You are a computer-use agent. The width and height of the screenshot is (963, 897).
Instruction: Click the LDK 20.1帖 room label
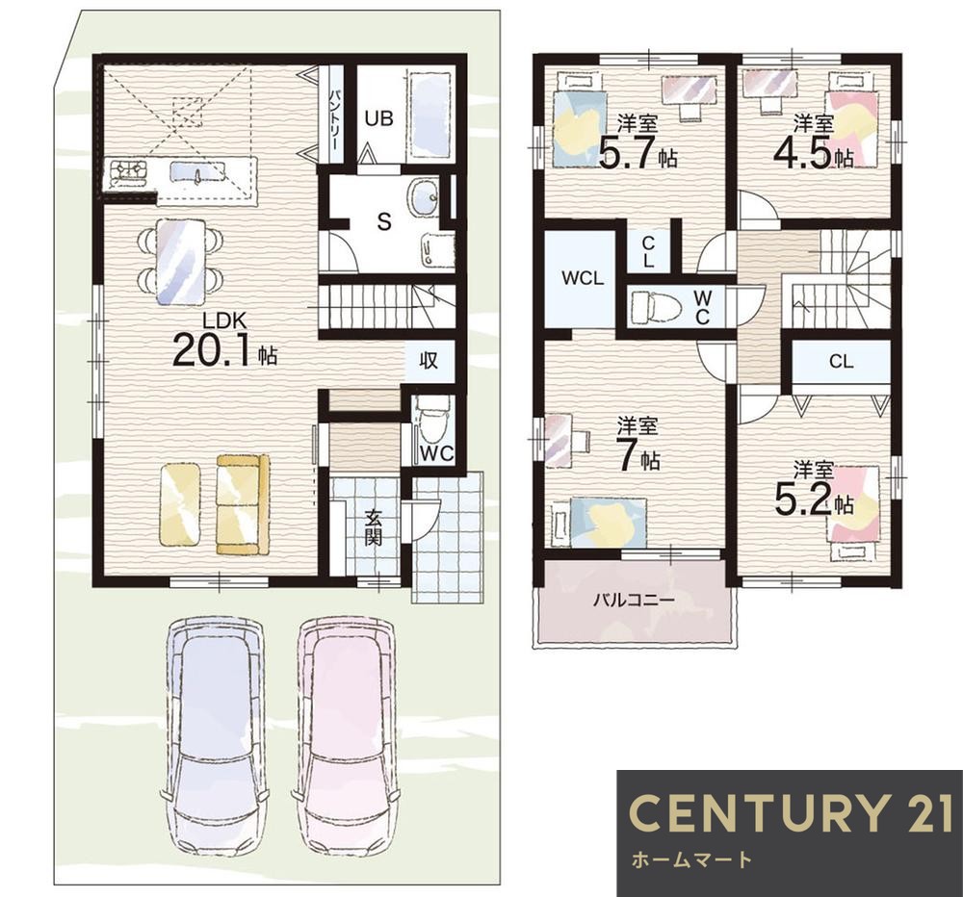click(x=225, y=341)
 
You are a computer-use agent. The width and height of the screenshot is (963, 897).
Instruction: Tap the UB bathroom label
click(x=378, y=117)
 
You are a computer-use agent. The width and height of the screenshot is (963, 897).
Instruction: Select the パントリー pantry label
click(x=335, y=119)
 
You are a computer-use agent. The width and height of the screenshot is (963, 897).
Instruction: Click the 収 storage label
click(x=429, y=360)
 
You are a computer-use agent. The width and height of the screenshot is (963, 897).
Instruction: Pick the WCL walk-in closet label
click(x=583, y=278)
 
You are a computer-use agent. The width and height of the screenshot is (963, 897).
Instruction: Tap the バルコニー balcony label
click(x=634, y=600)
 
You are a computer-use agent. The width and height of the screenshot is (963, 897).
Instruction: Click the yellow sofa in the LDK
click(x=243, y=503)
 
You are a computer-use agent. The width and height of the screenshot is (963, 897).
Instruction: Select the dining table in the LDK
click(x=180, y=262)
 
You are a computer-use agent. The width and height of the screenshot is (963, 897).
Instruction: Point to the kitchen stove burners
click(x=128, y=171)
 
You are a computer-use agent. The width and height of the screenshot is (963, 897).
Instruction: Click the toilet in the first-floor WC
click(x=430, y=423)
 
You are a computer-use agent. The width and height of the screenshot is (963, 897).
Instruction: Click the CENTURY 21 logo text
click(x=791, y=812)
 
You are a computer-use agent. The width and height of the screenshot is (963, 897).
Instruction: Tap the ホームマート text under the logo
click(x=691, y=859)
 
